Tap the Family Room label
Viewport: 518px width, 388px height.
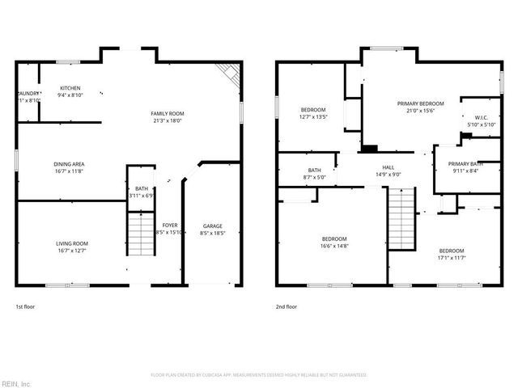(167, 113)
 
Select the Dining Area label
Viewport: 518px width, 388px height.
(69, 164)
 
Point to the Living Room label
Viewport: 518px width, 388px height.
(71, 243)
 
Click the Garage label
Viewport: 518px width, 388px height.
(213, 226)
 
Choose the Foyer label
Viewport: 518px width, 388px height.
(169, 226)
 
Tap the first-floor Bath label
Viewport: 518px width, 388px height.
(142, 189)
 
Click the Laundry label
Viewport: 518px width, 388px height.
(26, 94)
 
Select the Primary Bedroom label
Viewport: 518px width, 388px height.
(420, 103)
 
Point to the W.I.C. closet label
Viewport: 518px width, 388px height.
(481, 118)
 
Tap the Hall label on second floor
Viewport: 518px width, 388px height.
(388, 168)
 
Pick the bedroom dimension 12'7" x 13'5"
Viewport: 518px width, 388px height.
(313, 117)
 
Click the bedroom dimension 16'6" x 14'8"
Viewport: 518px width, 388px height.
(334, 246)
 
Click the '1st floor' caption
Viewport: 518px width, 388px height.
(25, 306)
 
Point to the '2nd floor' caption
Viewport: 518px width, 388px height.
(287, 306)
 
